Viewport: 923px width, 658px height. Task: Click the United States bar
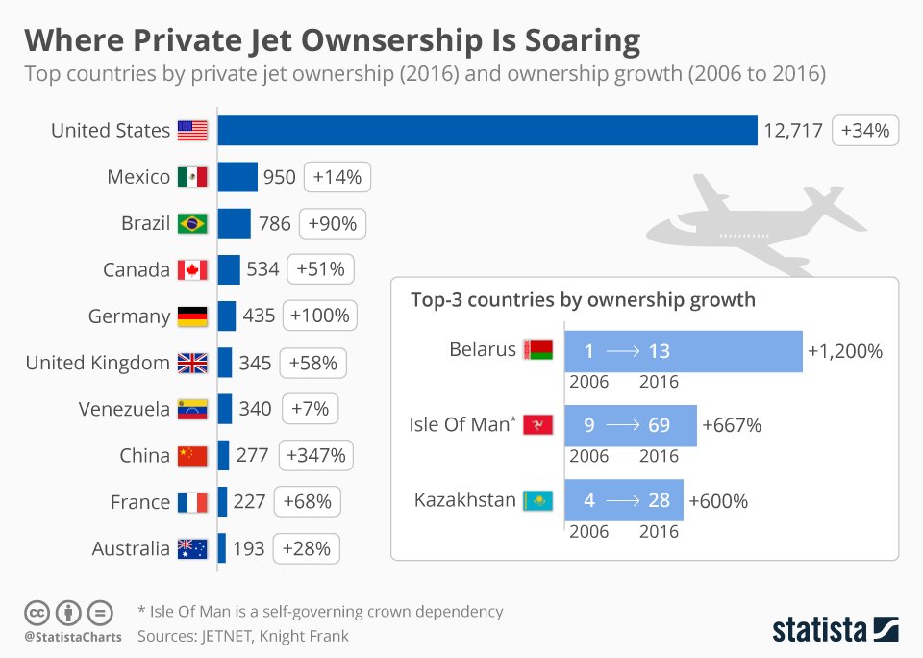(487, 130)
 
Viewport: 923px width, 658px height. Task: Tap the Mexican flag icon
(192, 177)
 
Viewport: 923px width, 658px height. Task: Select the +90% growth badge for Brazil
(333, 224)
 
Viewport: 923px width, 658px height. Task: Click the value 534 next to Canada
(262, 270)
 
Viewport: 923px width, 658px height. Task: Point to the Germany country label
(129, 316)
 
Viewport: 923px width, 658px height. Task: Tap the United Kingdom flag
(192, 363)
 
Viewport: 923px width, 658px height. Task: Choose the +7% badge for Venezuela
(310, 409)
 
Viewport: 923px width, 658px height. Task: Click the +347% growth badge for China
(315, 455)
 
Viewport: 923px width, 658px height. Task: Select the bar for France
(222, 502)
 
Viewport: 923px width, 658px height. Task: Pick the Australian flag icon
(192, 548)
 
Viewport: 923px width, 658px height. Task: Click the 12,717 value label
(793, 130)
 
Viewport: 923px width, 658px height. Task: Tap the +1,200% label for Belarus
(845, 351)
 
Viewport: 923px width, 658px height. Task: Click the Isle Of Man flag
(537, 425)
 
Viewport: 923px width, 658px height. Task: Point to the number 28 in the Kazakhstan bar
(659, 501)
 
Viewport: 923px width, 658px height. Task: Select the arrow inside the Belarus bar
(623, 351)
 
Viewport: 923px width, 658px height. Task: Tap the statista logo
(835, 629)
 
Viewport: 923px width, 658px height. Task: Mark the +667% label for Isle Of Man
(732, 425)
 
